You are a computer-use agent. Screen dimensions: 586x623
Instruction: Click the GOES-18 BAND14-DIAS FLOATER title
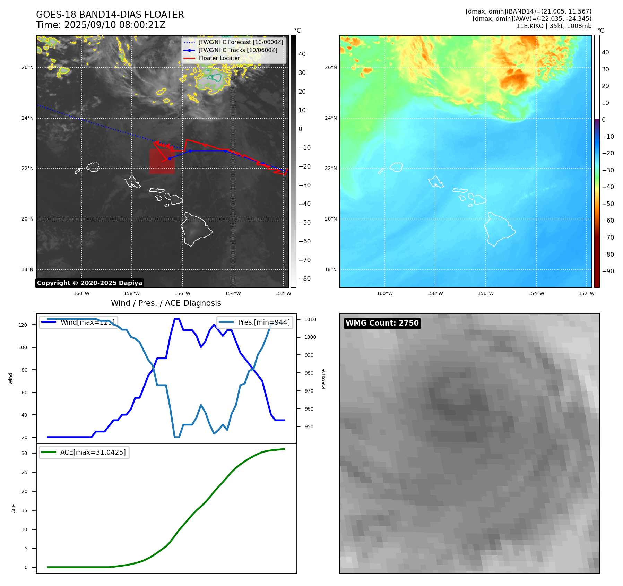tap(110, 15)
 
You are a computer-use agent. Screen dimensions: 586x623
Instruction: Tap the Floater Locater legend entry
tap(219, 58)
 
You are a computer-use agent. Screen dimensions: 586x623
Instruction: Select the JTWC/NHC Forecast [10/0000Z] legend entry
tap(241, 42)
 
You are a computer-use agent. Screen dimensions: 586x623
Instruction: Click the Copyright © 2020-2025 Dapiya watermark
tap(89, 283)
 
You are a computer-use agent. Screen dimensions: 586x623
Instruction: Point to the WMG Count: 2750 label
tap(382, 323)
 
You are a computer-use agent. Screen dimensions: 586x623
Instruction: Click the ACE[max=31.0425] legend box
tap(84, 452)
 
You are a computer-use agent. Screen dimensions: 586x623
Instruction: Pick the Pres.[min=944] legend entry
tap(263, 322)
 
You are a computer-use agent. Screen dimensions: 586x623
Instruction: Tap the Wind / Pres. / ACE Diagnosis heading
tap(166, 303)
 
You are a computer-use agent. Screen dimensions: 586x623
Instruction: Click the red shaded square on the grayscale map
tap(162, 162)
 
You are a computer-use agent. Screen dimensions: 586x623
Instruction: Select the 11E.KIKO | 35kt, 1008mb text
tap(554, 26)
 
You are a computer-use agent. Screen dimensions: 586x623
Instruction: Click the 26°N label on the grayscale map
tap(27, 68)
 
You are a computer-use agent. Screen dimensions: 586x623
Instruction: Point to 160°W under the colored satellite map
tap(384, 293)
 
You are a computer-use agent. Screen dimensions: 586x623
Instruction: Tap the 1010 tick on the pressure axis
tap(310, 319)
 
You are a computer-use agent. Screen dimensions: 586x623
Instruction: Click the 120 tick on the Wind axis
tap(23, 325)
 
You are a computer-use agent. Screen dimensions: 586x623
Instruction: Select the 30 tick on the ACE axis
tap(24, 453)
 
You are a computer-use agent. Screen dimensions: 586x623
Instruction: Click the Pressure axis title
tap(323, 379)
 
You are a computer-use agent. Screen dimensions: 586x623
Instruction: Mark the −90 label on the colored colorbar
tap(608, 271)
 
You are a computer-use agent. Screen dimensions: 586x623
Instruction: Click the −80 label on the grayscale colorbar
tap(304, 279)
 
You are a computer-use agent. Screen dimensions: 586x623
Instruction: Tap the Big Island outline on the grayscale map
tap(196, 229)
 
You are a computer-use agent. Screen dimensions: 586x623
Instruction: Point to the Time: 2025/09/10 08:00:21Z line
tap(101, 25)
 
